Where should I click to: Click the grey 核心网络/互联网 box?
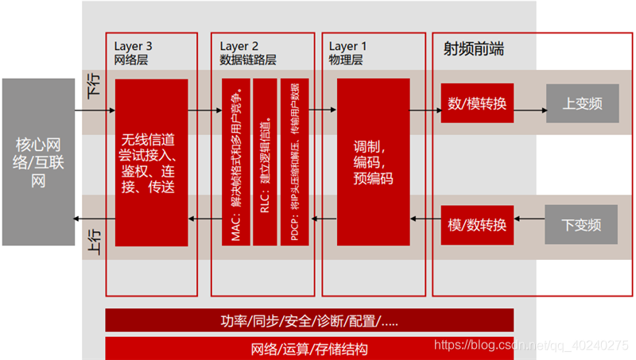[38, 162]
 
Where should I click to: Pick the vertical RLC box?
[265, 162]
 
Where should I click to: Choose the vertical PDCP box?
[294, 162]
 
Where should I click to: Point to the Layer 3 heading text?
[134, 46]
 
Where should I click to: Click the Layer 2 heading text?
[239, 46]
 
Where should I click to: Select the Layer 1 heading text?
[348, 46]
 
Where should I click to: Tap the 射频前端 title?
[473, 49]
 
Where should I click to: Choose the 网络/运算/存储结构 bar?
[309, 349]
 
